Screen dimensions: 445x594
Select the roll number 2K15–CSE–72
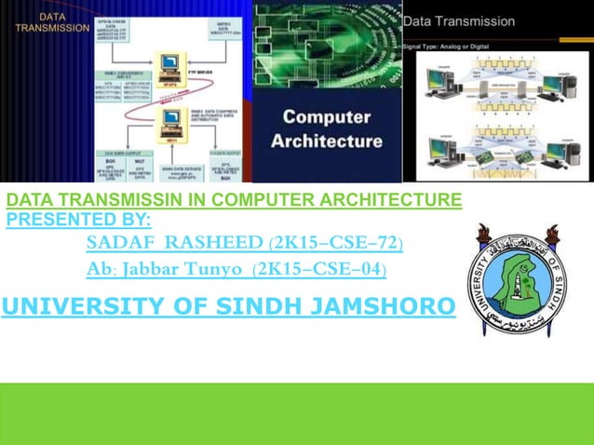(335, 245)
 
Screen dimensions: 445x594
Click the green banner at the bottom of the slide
(297, 413)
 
